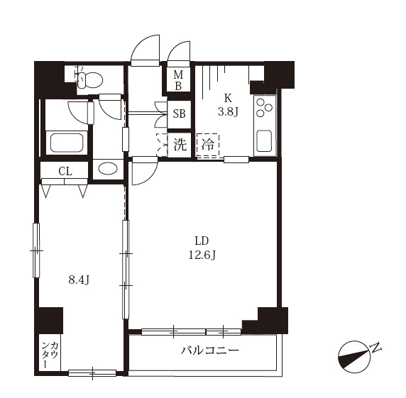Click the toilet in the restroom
coord(89,79)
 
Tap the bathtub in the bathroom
coord(67,143)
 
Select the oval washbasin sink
coord(107,169)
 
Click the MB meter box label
coord(178,80)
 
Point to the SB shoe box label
coord(179,114)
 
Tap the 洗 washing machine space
coord(180,145)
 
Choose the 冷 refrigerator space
coord(208,145)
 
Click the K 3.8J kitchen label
coord(228,105)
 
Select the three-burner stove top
coord(264,106)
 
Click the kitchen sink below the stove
coord(264,140)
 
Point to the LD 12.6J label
coord(202,248)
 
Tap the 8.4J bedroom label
coord(79,280)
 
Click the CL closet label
coord(65,171)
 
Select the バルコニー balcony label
coord(209,351)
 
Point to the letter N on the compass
coord(375,348)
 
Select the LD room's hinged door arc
coord(151,178)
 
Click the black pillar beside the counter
coord(50,321)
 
